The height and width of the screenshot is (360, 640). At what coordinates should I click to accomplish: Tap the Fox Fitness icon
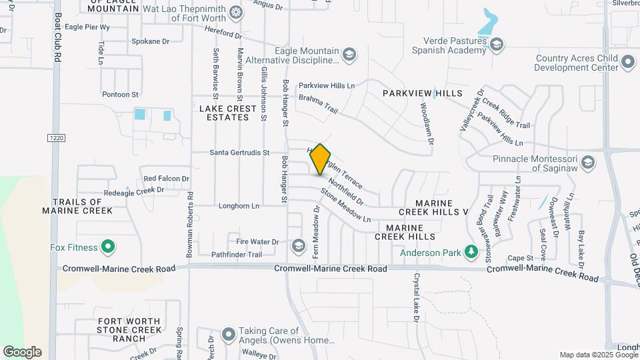point(108,247)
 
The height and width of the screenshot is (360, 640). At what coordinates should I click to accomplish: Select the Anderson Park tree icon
point(471,252)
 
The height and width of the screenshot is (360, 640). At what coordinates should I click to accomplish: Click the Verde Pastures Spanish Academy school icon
point(496,45)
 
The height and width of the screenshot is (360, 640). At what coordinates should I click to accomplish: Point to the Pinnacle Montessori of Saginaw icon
point(587,163)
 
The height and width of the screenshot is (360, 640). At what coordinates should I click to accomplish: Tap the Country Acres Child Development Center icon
point(627,63)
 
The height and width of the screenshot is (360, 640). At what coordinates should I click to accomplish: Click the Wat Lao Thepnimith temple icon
point(235,13)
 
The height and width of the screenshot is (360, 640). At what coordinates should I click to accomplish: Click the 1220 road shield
point(55,138)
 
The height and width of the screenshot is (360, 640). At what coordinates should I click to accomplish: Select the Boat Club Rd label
point(58,37)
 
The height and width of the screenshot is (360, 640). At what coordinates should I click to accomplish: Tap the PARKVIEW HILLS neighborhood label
point(422,93)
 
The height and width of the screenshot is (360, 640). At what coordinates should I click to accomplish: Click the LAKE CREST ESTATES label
point(224,113)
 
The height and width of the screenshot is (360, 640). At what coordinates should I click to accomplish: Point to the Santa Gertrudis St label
point(239,153)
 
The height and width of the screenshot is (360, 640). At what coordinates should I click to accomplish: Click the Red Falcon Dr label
point(167,179)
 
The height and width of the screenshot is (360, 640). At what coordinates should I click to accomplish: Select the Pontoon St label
point(120,95)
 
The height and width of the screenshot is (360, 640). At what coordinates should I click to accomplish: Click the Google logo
point(22,352)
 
